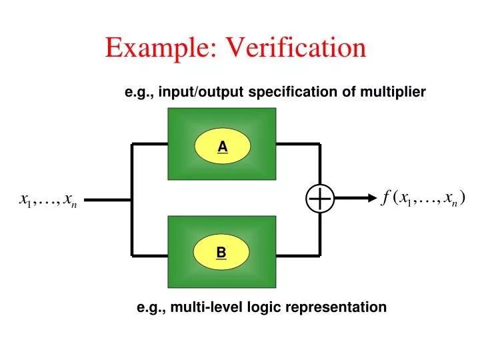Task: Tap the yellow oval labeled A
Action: (x=222, y=145)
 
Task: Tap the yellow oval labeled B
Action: (x=221, y=253)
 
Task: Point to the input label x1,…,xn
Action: (x=49, y=199)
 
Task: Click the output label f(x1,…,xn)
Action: (x=424, y=197)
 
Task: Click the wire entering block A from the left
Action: (x=149, y=143)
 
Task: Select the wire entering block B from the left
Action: (x=149, y=254)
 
